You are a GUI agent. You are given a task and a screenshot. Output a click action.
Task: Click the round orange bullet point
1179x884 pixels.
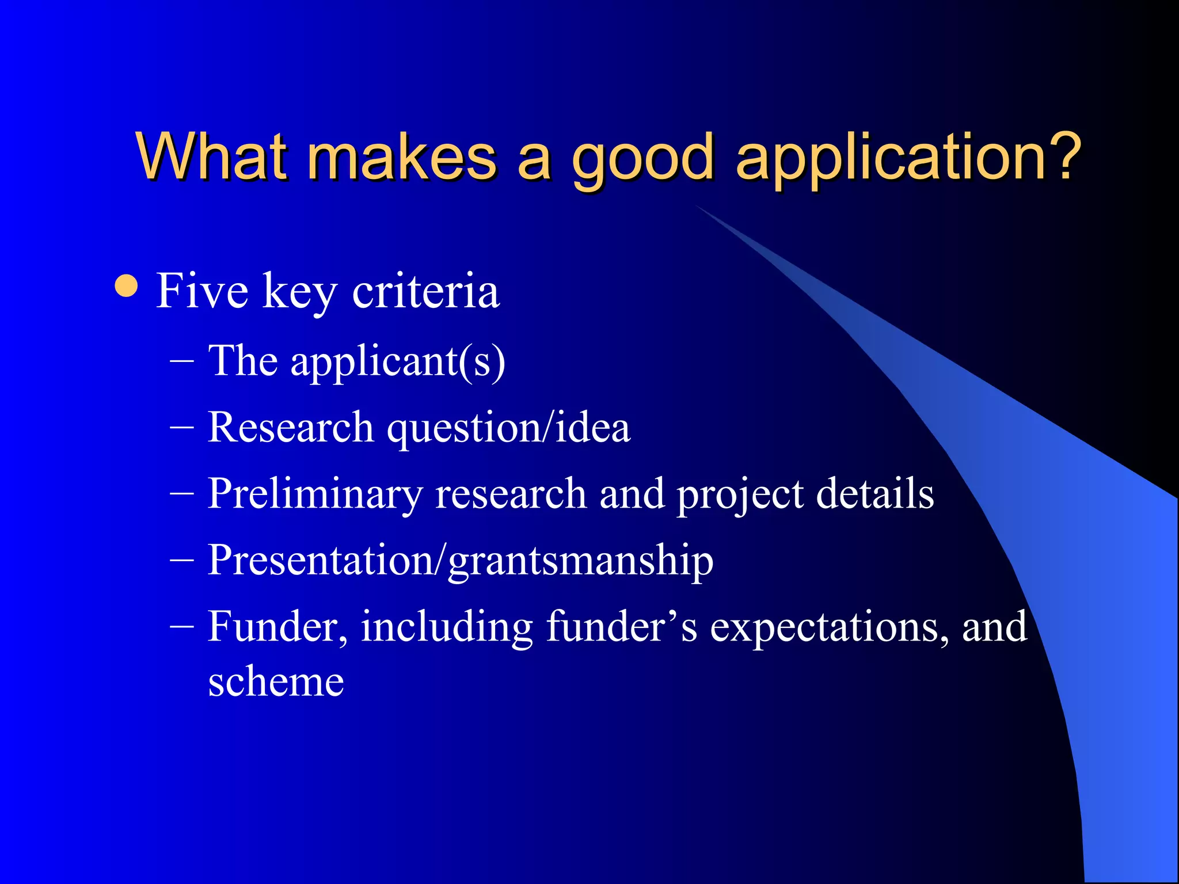tap(126, 286)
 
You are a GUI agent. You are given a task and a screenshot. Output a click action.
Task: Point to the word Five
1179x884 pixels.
tap(202, 291)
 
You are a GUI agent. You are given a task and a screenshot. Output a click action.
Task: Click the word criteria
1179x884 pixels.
tap(425, 291)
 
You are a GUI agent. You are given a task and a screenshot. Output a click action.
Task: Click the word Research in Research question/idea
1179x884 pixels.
tap(291, 428)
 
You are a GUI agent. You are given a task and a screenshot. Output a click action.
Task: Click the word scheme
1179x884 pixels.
tap(276, 682)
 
